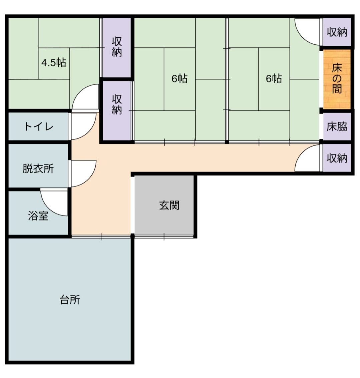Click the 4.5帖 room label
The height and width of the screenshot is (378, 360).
(54, 63)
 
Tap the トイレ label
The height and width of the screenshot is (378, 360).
(39, 126)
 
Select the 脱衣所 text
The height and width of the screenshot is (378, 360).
(38, 168)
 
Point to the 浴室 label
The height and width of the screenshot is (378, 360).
(38, 216)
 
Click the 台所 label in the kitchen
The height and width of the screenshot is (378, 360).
(70, 300)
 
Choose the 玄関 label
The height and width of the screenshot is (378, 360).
(169, 206)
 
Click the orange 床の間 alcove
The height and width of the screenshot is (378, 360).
(337, 79)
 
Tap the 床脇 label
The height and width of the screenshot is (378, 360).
(337, 126)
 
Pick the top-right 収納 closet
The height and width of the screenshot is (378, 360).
(337, 32)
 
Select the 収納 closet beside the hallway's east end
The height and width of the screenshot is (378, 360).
(337, 158)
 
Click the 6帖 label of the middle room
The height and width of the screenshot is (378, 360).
(179, 79)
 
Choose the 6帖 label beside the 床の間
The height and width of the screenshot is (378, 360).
(274, 79)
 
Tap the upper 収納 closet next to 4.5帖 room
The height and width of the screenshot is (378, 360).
(117, 47)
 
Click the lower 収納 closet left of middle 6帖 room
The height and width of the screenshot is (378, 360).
(117, 110)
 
